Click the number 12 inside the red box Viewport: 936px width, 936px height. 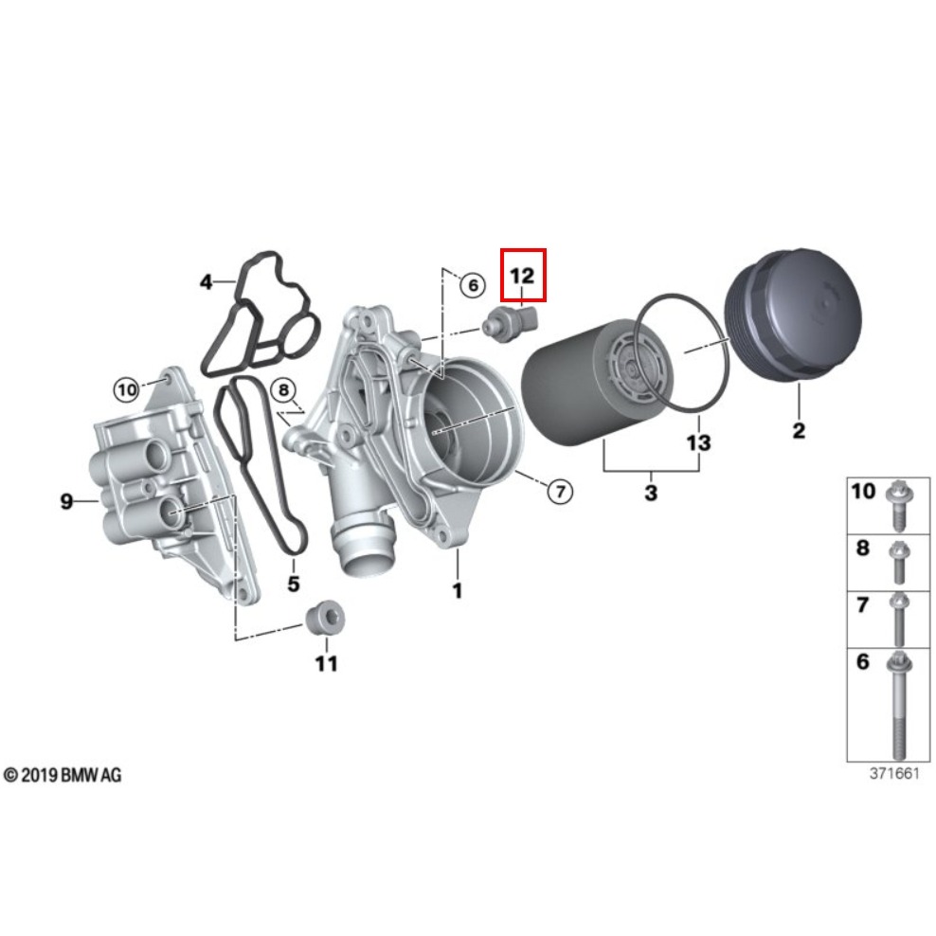[523, 276]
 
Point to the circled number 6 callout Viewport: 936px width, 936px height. [471, 283]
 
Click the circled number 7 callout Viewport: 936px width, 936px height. [559, 490]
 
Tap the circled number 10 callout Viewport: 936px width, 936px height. [127, 387]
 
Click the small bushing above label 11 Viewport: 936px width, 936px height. [324, 620]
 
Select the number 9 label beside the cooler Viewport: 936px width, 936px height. [66, 501]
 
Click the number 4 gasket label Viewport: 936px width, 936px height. [206, 281]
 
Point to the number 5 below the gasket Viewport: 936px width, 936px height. [294, 584]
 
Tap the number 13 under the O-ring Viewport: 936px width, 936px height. [698, 442]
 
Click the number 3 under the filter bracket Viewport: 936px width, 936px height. [650, 493]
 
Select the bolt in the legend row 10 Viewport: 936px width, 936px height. [896, 505]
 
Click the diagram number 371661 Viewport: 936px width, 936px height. [894, 773]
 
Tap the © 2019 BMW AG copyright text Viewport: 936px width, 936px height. [63, 776]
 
